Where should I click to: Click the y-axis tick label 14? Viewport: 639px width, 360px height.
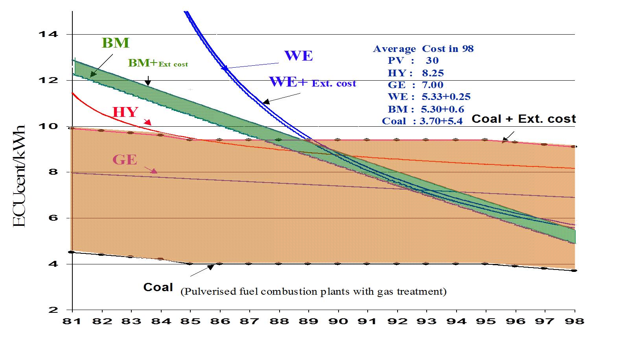click(48, 35)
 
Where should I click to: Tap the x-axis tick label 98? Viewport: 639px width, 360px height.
click(575, 321)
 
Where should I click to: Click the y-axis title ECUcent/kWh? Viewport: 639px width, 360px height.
click(19, 176)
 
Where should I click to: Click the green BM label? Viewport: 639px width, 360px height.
click(115, 43)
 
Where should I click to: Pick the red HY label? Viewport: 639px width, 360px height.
click(125, 113)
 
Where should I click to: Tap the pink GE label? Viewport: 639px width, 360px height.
click(125, 160)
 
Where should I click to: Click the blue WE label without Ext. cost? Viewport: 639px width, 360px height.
click(298, 56)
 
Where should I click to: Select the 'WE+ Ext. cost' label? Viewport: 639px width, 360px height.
click(312, 82)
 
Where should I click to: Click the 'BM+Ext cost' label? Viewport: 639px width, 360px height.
click(158, 63)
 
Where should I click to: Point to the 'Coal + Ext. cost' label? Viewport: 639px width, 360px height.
click(523, 119)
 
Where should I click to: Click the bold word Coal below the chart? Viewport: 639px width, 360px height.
click(158, 287)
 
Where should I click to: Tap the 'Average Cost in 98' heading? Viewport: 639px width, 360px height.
click(423, 49)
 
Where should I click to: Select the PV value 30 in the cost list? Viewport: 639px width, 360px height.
click(432, 61)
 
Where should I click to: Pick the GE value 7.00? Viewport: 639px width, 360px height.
click(432, 85)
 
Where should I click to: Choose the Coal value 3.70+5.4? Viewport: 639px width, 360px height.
click(441, 121)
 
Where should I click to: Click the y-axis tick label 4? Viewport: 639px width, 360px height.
click(53, 264)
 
